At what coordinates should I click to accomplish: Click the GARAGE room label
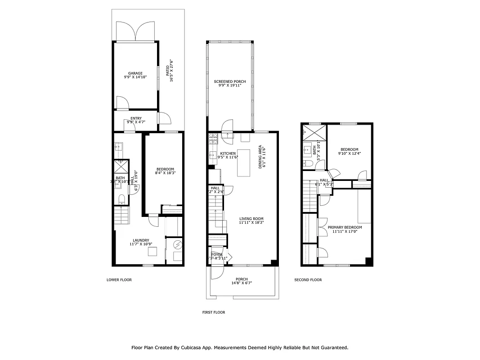(x=135, y=73)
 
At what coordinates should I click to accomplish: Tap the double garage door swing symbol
(x=135, y=31)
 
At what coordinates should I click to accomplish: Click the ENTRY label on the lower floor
(x=136, y=118)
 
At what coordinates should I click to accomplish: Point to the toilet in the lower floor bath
(x=121, y=198)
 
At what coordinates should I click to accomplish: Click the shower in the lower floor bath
(x=121, y=166)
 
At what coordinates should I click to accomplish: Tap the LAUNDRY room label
(x=141, y=240)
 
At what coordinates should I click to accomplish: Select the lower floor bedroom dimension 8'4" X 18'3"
(x=165, y=173)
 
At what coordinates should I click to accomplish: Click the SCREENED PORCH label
(x=230, y=81)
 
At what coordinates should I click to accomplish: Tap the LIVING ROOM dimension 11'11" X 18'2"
(x=251, y=222)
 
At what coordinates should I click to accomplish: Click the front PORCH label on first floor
(x=242, y=279)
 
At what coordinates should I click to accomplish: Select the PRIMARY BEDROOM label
(x=345, y=227)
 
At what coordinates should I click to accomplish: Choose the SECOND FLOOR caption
(x=308, y=280)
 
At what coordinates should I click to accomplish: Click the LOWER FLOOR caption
(x=119, y=280)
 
